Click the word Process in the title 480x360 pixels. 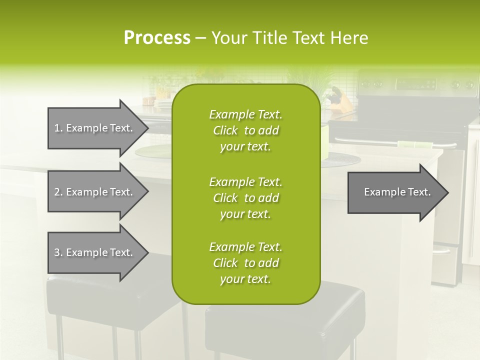pos(157,38)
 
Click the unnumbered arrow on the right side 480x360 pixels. pos(395,192)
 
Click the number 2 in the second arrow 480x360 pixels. pos(57,192)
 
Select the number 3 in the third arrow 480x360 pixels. pos(57,252)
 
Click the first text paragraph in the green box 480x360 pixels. pos(245,130)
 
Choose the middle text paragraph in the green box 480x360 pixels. pos(245,198)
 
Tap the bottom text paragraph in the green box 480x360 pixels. pos(245,263)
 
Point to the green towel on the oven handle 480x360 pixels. pos(414,145)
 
